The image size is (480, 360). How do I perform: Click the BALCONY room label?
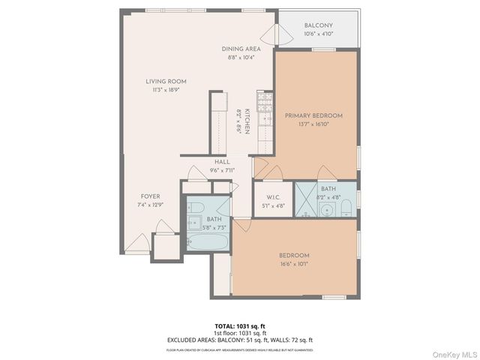[319, 25]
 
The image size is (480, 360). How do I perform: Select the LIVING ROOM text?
[166, 81]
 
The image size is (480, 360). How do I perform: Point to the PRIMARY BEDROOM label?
[313, 115]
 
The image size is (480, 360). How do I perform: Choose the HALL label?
[222, 161]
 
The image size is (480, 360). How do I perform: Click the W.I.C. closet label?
[273, 199]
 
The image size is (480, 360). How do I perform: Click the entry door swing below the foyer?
[139, 243]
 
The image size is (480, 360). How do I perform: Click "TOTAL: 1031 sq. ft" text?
[240, 326]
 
